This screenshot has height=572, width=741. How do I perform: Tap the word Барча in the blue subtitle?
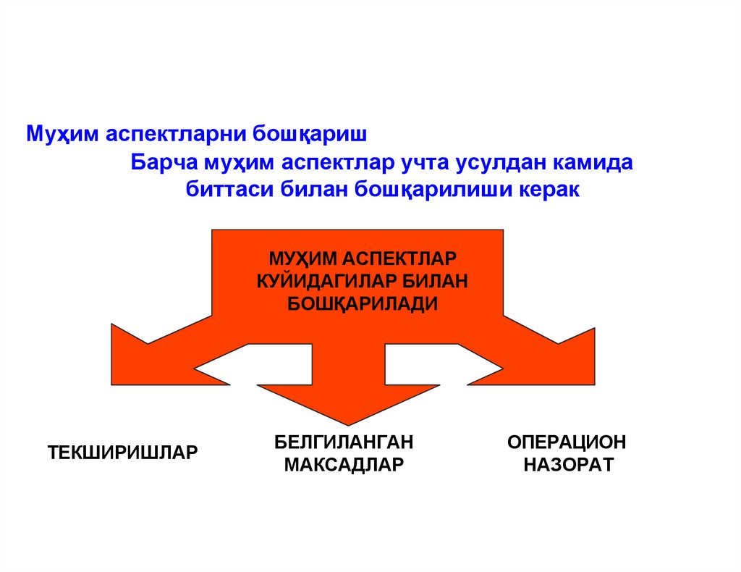(x=160, y=162)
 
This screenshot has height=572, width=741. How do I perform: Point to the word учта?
(x=422, y=162)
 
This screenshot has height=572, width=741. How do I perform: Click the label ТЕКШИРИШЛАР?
(x=122, y=453)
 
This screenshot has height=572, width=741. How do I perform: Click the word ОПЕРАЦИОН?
(x=567, y=441)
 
